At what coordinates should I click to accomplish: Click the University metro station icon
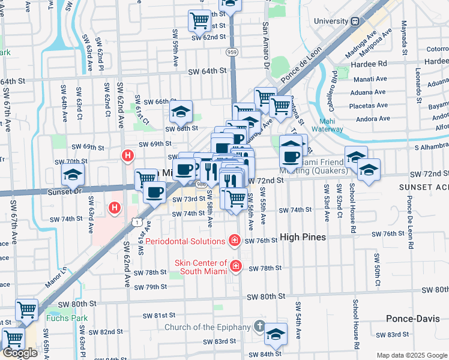(x=355, y=21)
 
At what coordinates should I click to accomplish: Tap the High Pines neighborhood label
(x=301, y=238)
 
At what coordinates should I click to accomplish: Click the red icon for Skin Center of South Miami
(x=236, y=265)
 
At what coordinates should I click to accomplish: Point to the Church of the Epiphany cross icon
(x=259, y=327)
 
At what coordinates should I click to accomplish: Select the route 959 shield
(x=232, y=52)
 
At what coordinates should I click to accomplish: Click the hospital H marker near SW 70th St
(x=127, y=156)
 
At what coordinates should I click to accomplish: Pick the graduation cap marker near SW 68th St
(x=180, y=112)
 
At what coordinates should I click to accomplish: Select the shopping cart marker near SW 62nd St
(x=199, y=20)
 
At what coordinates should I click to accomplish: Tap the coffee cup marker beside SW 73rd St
(x=155, y=192)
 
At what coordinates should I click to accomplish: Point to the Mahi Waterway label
(x=327, y=124)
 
